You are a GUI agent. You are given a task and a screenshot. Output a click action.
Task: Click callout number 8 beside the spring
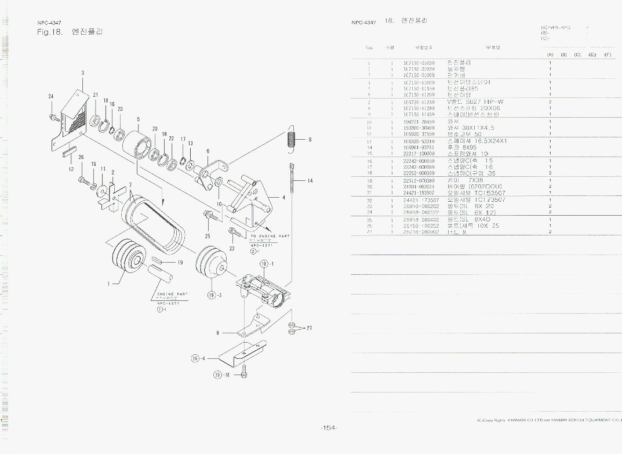310,139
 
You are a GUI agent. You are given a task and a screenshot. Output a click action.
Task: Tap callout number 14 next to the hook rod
310,181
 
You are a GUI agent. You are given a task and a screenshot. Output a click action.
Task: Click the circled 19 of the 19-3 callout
211,295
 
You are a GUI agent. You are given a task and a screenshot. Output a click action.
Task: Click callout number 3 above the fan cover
83,72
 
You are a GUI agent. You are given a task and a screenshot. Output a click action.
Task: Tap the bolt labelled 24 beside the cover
53,117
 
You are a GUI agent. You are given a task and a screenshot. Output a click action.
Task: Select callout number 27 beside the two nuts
309,328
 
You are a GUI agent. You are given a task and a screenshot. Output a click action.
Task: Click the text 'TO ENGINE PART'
270,237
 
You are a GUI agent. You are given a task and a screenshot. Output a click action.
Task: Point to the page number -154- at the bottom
328,428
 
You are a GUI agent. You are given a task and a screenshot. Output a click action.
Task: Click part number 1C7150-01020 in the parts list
419,63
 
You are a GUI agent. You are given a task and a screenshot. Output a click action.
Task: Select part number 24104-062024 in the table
419,187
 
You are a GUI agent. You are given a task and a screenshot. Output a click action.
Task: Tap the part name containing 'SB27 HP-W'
475,102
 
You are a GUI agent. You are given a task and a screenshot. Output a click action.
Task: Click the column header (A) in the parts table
550,55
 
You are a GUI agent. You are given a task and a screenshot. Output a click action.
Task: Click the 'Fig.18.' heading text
49,31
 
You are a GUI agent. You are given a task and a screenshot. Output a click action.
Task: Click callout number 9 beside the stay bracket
217,333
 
